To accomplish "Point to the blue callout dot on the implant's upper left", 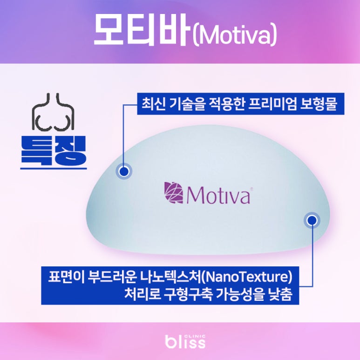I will pyautogui.click(x=123, y=171).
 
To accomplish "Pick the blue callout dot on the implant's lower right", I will pyautogui.click(x=312, y=221).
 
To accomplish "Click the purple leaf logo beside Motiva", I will pyautogui.click(x=173, y=193).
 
